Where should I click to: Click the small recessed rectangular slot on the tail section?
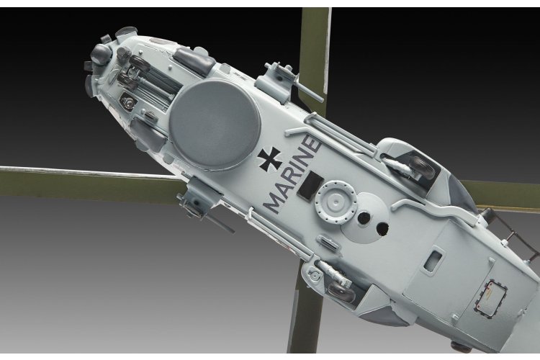(435, 255)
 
